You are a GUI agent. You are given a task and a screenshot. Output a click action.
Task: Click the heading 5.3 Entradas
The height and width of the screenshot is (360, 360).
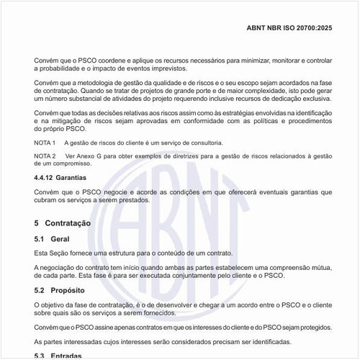(x=58, y=356)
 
